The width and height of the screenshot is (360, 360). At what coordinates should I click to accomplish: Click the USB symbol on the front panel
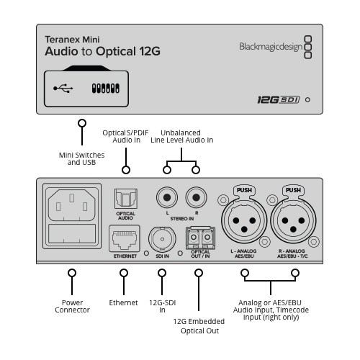(x=63, y=89)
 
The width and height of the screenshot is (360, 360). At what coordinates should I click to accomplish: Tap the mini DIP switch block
(x=106, y=89)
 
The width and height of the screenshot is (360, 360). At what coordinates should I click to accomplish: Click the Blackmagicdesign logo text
(x=271, y=47)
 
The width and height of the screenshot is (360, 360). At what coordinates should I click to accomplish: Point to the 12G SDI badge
(x=279, y=99)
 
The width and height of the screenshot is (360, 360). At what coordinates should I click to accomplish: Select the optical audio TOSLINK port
(x=126, y=199)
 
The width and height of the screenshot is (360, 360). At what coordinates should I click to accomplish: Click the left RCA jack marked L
(x=167, y=197)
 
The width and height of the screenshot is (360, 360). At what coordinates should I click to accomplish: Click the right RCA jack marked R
(x=196, y=197)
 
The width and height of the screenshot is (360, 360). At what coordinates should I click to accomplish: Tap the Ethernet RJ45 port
(x=125, y=238)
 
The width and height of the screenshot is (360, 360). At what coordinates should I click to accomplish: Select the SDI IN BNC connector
(x=162, y=239)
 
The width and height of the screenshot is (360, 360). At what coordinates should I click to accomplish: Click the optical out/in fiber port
(x=200, y=238)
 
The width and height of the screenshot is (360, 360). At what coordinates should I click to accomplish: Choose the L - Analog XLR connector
(x=244, y=220)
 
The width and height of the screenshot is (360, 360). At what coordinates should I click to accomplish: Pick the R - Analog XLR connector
(x=293, y=220)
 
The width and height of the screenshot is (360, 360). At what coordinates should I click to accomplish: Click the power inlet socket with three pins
(x=72, y=204)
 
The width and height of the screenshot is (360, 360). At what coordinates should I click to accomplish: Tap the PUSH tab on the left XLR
(x=244, y=190)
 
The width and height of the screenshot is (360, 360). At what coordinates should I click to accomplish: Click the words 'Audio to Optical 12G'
(x=102, y=51)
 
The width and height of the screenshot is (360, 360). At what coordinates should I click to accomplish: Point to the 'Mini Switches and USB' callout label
(x=82, y=158)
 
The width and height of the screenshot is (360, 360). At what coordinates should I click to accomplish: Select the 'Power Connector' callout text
(x=72, y=306)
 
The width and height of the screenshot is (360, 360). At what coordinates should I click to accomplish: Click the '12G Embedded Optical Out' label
(x=199, y=326)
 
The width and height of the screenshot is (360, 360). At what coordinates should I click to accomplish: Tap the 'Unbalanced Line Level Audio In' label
(x=182, y=136)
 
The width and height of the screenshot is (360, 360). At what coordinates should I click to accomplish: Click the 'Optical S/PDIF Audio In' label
(x=125, y=136)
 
